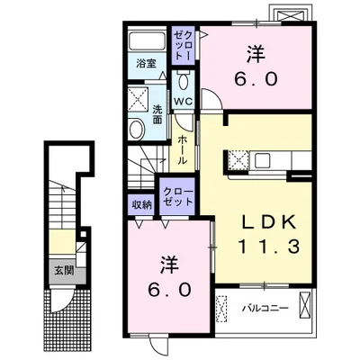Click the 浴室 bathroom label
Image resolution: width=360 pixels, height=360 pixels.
pyautogui.click(x=146, y=64)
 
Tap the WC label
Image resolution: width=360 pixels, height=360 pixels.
pyautogui.click(x=184, y=102)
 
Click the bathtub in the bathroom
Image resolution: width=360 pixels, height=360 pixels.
pyautogui.click(x=147, y=40)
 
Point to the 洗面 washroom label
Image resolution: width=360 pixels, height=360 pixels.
pyautogui.click(x=157, y=114)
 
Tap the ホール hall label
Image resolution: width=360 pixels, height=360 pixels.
pyautogui.click(x=182, y=150)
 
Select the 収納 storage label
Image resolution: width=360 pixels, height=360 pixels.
pyautogui.click(x=141, y=205)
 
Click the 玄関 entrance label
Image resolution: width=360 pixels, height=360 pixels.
pyautogui.click(x=64, y=271)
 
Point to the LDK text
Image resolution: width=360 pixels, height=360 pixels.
pyautogui.click(x=269, y=223)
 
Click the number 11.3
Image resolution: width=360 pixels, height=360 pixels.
pyautogui.click(x=269, y=247)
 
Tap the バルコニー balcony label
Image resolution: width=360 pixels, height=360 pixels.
pyautogui.click(x=265, y=308)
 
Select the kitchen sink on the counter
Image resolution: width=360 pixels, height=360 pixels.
pyautogui.click(x=263, y=159)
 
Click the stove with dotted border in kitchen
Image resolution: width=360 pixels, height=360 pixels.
pyautogui.click(x=238, y=160)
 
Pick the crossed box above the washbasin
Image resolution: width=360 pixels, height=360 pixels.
pyautogui.click(x=138, y=100)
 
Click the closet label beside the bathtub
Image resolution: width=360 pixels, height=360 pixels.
pyautogui.click(x=183, y=46)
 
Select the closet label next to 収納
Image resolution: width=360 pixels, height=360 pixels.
pyautogui.click(x=177, y=197)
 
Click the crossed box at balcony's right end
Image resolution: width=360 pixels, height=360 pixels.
pyautogui.click(x=305, y=303)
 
